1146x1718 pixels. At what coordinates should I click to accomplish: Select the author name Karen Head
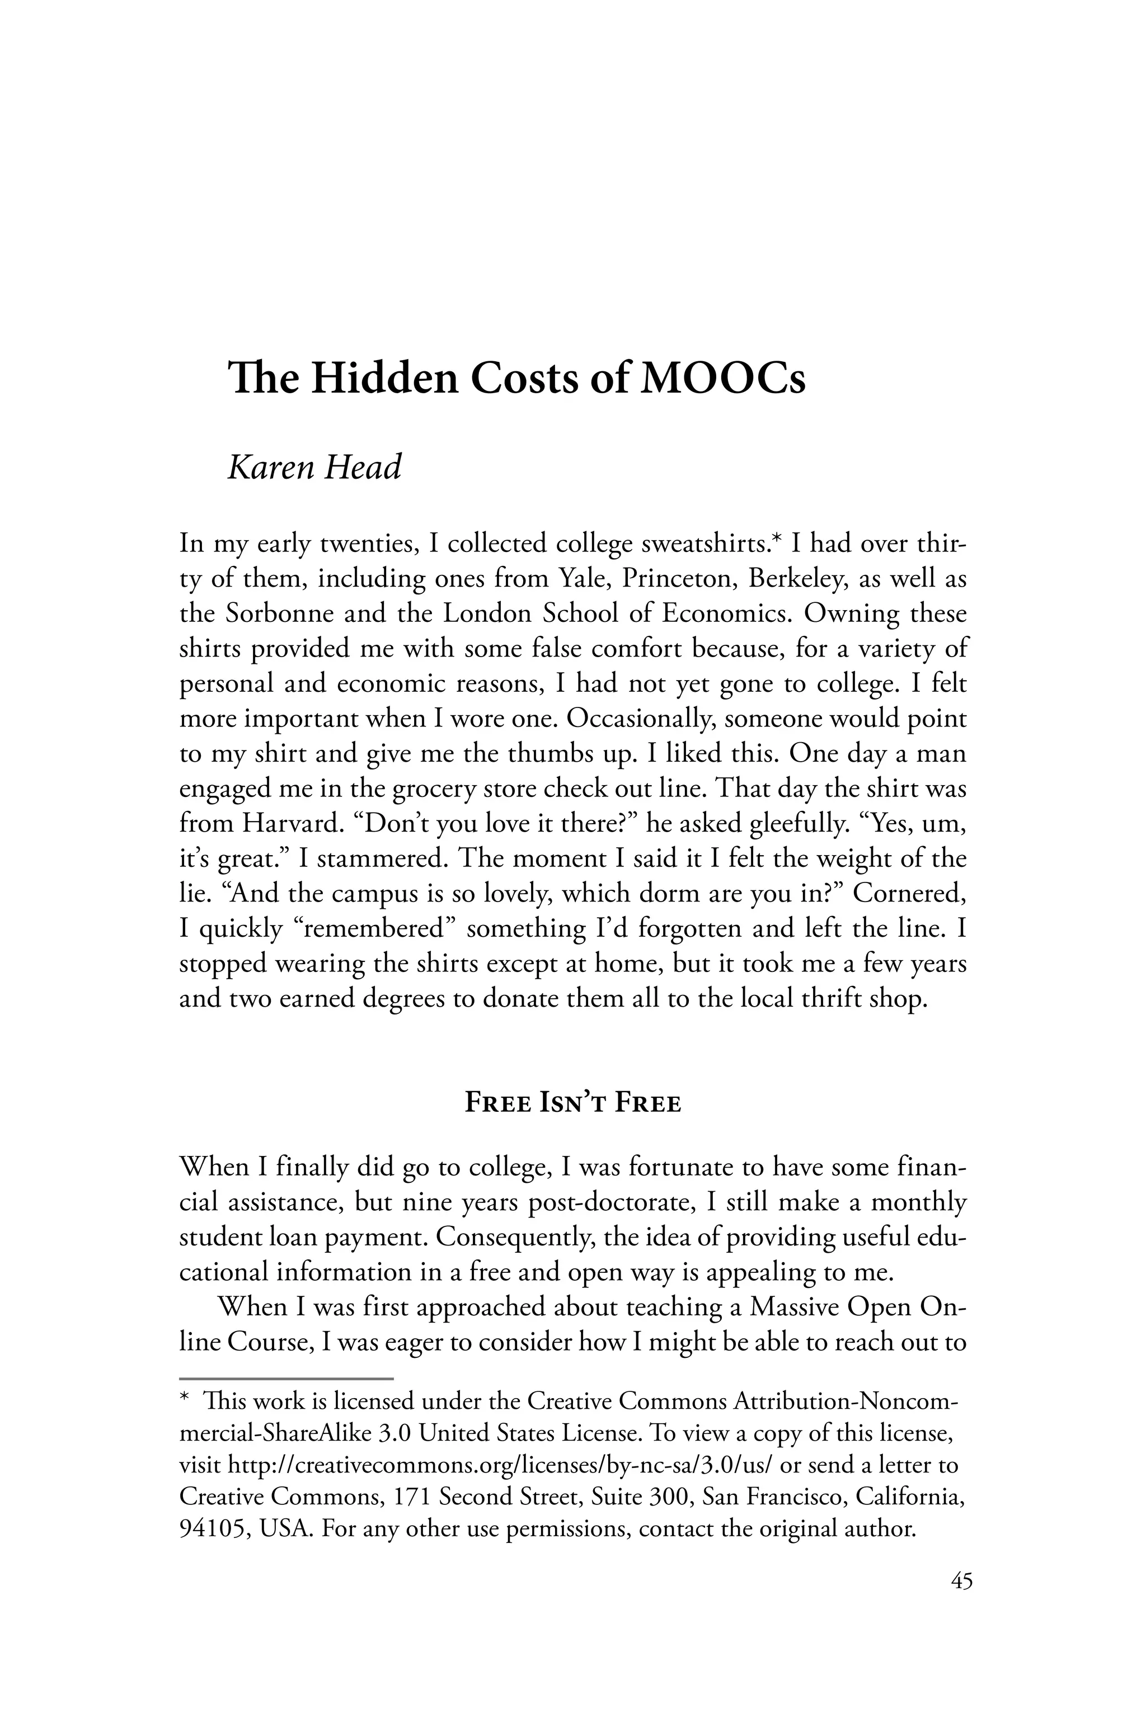[314, 468]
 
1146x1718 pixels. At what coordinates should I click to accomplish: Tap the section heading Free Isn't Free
[573, 1103]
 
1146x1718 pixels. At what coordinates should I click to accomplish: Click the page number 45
[962, 1582]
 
